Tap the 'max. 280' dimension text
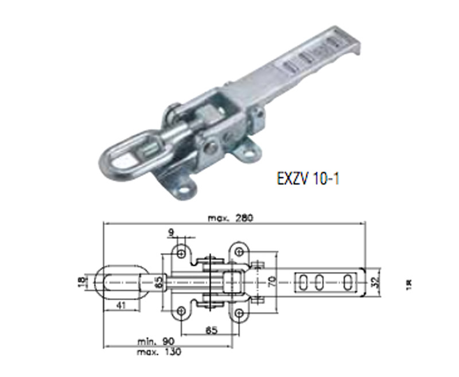(229, 218)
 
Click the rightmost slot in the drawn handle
(348, 281)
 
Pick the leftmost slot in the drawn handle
(302, 281)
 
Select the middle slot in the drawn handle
(321, 281)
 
